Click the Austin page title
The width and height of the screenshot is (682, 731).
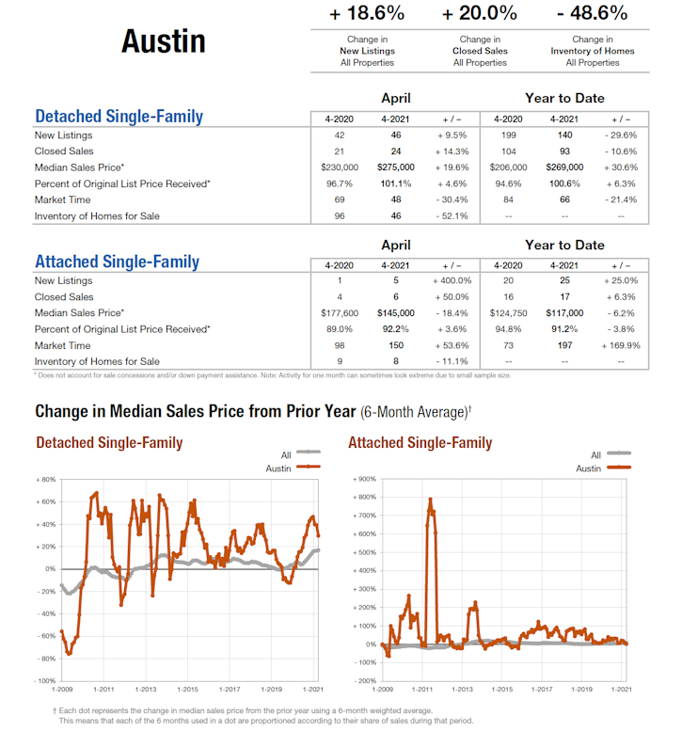(x=163, y=41)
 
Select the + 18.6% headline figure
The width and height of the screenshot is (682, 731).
(x=367, y=13)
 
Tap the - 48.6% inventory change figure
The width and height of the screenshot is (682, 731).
(x=592, y=13)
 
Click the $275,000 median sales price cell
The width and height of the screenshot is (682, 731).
(x=395, y=167)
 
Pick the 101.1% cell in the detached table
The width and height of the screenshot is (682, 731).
(x=395, y=183)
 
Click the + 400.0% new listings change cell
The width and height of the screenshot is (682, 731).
(x=451, y=280)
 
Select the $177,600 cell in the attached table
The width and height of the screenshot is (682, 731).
(x=339, y=313)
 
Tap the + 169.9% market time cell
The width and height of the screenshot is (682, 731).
(x=620, y=345)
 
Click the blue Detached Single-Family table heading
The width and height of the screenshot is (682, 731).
(x=119, y=118)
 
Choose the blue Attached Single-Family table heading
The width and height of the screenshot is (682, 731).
(x=117, y=262)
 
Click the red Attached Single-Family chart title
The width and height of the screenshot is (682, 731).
(x=420, y=442)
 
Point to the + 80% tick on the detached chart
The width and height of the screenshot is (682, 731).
(x=45, y=480)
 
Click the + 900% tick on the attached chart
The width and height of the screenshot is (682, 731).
(x=364, y=480)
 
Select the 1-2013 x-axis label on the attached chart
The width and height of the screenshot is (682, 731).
(x=463, y=690)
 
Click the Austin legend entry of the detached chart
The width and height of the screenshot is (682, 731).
(x=278, y=468)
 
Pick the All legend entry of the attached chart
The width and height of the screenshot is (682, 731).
(x=595, y=454)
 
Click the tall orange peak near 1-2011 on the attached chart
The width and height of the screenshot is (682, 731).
(x=430, y=501)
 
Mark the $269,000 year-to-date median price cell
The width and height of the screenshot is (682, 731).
(x=564, y=167)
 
